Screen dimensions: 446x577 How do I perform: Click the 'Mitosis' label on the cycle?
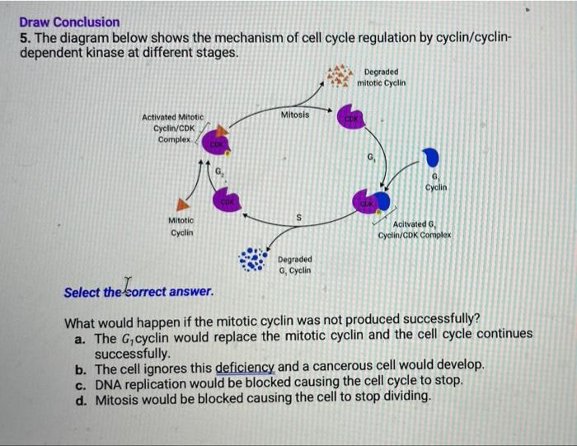(x=295, y=115)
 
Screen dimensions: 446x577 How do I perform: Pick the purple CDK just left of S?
(x=228, y=202)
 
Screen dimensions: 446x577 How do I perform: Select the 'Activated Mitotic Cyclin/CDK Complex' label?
(x=173, y=129)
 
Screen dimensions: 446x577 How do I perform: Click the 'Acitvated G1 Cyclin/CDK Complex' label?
(x=415, y=230)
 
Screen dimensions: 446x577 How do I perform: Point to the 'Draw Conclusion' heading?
(x=69, y=22)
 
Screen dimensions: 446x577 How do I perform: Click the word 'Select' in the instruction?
(x=82, y=292)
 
